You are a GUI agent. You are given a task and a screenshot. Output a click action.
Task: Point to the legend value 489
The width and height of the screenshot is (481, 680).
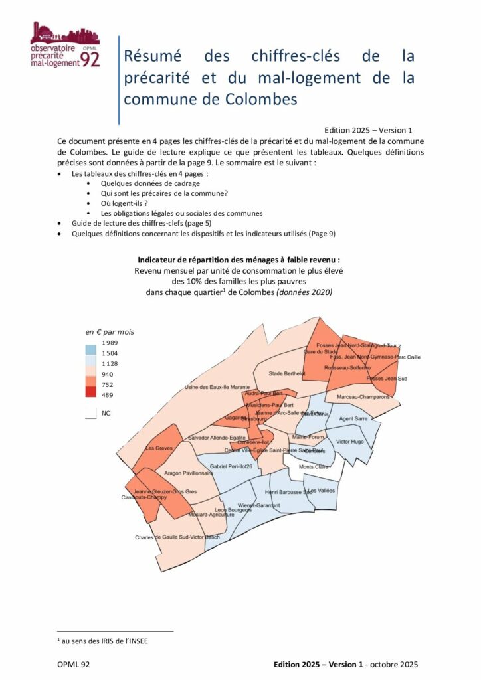[107, 395]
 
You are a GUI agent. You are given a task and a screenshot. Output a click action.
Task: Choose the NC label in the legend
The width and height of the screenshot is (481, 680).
[106, 412]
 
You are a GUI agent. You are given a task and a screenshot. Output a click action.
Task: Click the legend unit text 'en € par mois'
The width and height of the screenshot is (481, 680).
[108, 331]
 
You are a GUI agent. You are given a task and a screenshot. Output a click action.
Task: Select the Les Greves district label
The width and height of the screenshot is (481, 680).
[159, 448]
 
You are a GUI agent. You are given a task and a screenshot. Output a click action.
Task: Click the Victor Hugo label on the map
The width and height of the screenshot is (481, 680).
[350, 441]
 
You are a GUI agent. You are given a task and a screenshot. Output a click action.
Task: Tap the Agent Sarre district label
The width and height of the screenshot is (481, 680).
[353, 419]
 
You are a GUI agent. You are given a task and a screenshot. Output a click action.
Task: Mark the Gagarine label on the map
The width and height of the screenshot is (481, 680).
[235, 419]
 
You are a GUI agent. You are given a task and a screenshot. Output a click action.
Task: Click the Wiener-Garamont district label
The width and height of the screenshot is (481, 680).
[258, 505]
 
